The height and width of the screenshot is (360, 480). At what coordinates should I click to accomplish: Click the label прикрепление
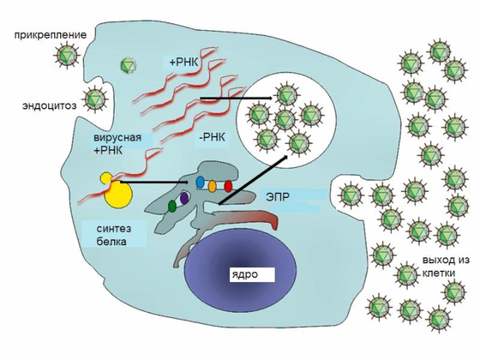[51, 35]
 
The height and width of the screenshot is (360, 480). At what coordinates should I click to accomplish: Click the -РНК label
[211, 137]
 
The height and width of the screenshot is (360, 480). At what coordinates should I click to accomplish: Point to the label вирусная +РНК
[117, 144]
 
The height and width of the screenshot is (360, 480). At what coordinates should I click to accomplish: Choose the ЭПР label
[274, 196]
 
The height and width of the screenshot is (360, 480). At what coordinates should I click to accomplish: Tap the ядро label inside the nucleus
[242, 274]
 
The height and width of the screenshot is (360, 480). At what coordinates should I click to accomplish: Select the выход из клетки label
[445, 266]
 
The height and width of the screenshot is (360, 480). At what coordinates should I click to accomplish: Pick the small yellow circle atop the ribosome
[106, 178]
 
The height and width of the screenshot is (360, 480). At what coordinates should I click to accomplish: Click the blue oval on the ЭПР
[200, 182]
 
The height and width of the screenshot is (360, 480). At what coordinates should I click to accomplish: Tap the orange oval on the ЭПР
[213, 185]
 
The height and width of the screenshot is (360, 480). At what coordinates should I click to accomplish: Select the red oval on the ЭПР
[228, 186]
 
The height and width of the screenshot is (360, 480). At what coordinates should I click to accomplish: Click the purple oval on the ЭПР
[185, 197]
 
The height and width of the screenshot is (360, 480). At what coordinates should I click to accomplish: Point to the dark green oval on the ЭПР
[172, 206]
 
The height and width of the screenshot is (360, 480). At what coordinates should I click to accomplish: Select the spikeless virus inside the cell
[128, 65]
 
